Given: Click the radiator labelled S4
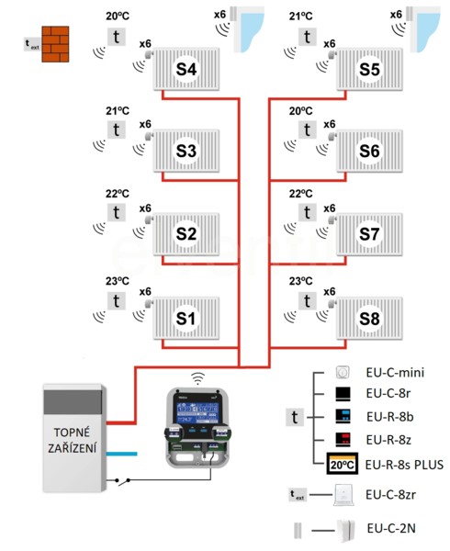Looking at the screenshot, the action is [x=186, y=69].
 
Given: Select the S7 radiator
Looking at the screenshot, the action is [x=369, y=234].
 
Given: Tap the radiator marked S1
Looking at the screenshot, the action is [x=186, y=319].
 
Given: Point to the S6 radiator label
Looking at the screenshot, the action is [x=369, y=152].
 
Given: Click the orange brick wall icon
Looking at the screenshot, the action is [x=55, y=44].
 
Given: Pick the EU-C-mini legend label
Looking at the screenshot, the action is [x=395, y=373].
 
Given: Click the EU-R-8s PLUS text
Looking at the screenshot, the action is [x=404, y=465].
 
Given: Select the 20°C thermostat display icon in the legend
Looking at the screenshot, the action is [x=343, y=464].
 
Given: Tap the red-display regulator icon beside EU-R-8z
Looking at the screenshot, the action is [x=343, y=439].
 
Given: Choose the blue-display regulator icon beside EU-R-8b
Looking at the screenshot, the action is [x=343, y=416].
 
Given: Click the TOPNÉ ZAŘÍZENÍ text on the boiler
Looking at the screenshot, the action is [x=72, y=440].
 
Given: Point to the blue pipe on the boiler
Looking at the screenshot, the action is [x=121, y=454].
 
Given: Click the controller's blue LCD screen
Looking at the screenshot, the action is [x=197, y=413].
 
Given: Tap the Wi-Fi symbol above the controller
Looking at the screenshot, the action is [x=197, y=378].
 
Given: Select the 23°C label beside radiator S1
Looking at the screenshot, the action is [x=118, y=281].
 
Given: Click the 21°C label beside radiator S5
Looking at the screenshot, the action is [x=300, y=17].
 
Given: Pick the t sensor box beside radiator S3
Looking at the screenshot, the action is [x=117, y=130].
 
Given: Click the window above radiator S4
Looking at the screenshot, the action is [x=248, y=29].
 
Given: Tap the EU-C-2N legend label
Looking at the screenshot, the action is [x=391, y=528].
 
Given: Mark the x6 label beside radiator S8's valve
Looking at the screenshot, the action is [x=330, y=292].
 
